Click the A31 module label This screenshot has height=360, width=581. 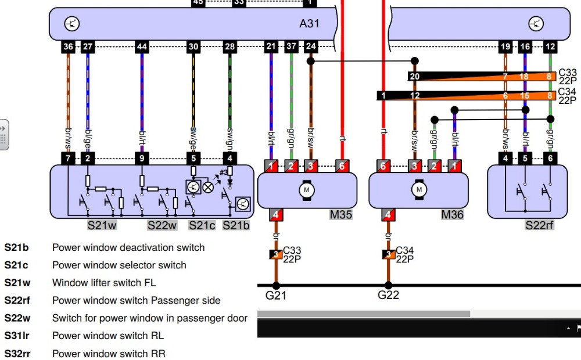[x=309, y=24]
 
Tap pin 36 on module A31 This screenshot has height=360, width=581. [x=69, y=46]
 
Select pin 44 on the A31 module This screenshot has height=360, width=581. [x=142, y=46]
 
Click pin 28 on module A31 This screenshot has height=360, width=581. [x=230, y=46]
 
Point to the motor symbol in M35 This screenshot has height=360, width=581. [x=306, y=189]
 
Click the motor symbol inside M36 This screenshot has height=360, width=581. [x=418, y=189]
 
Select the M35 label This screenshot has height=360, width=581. [x=340, y=215]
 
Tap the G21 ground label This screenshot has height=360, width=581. [x=275, y=295]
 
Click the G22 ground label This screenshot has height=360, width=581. [x=388, y=295]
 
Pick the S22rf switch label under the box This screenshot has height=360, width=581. [x=539, y=225]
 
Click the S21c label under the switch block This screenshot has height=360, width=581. [x=202, y=225]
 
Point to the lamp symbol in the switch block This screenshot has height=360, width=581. [x=208, y=186]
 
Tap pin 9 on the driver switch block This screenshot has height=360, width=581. [x=142, y=158]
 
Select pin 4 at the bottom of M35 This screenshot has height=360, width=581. [x=276, y=215]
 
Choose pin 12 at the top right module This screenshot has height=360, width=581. [x=550, y=46]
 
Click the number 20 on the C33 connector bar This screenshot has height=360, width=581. [x=414, y=76]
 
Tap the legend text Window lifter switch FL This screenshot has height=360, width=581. [x=104, y=283]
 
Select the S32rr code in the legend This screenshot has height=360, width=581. [x=17, y=354]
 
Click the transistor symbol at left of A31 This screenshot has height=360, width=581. [x=72, y=24]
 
